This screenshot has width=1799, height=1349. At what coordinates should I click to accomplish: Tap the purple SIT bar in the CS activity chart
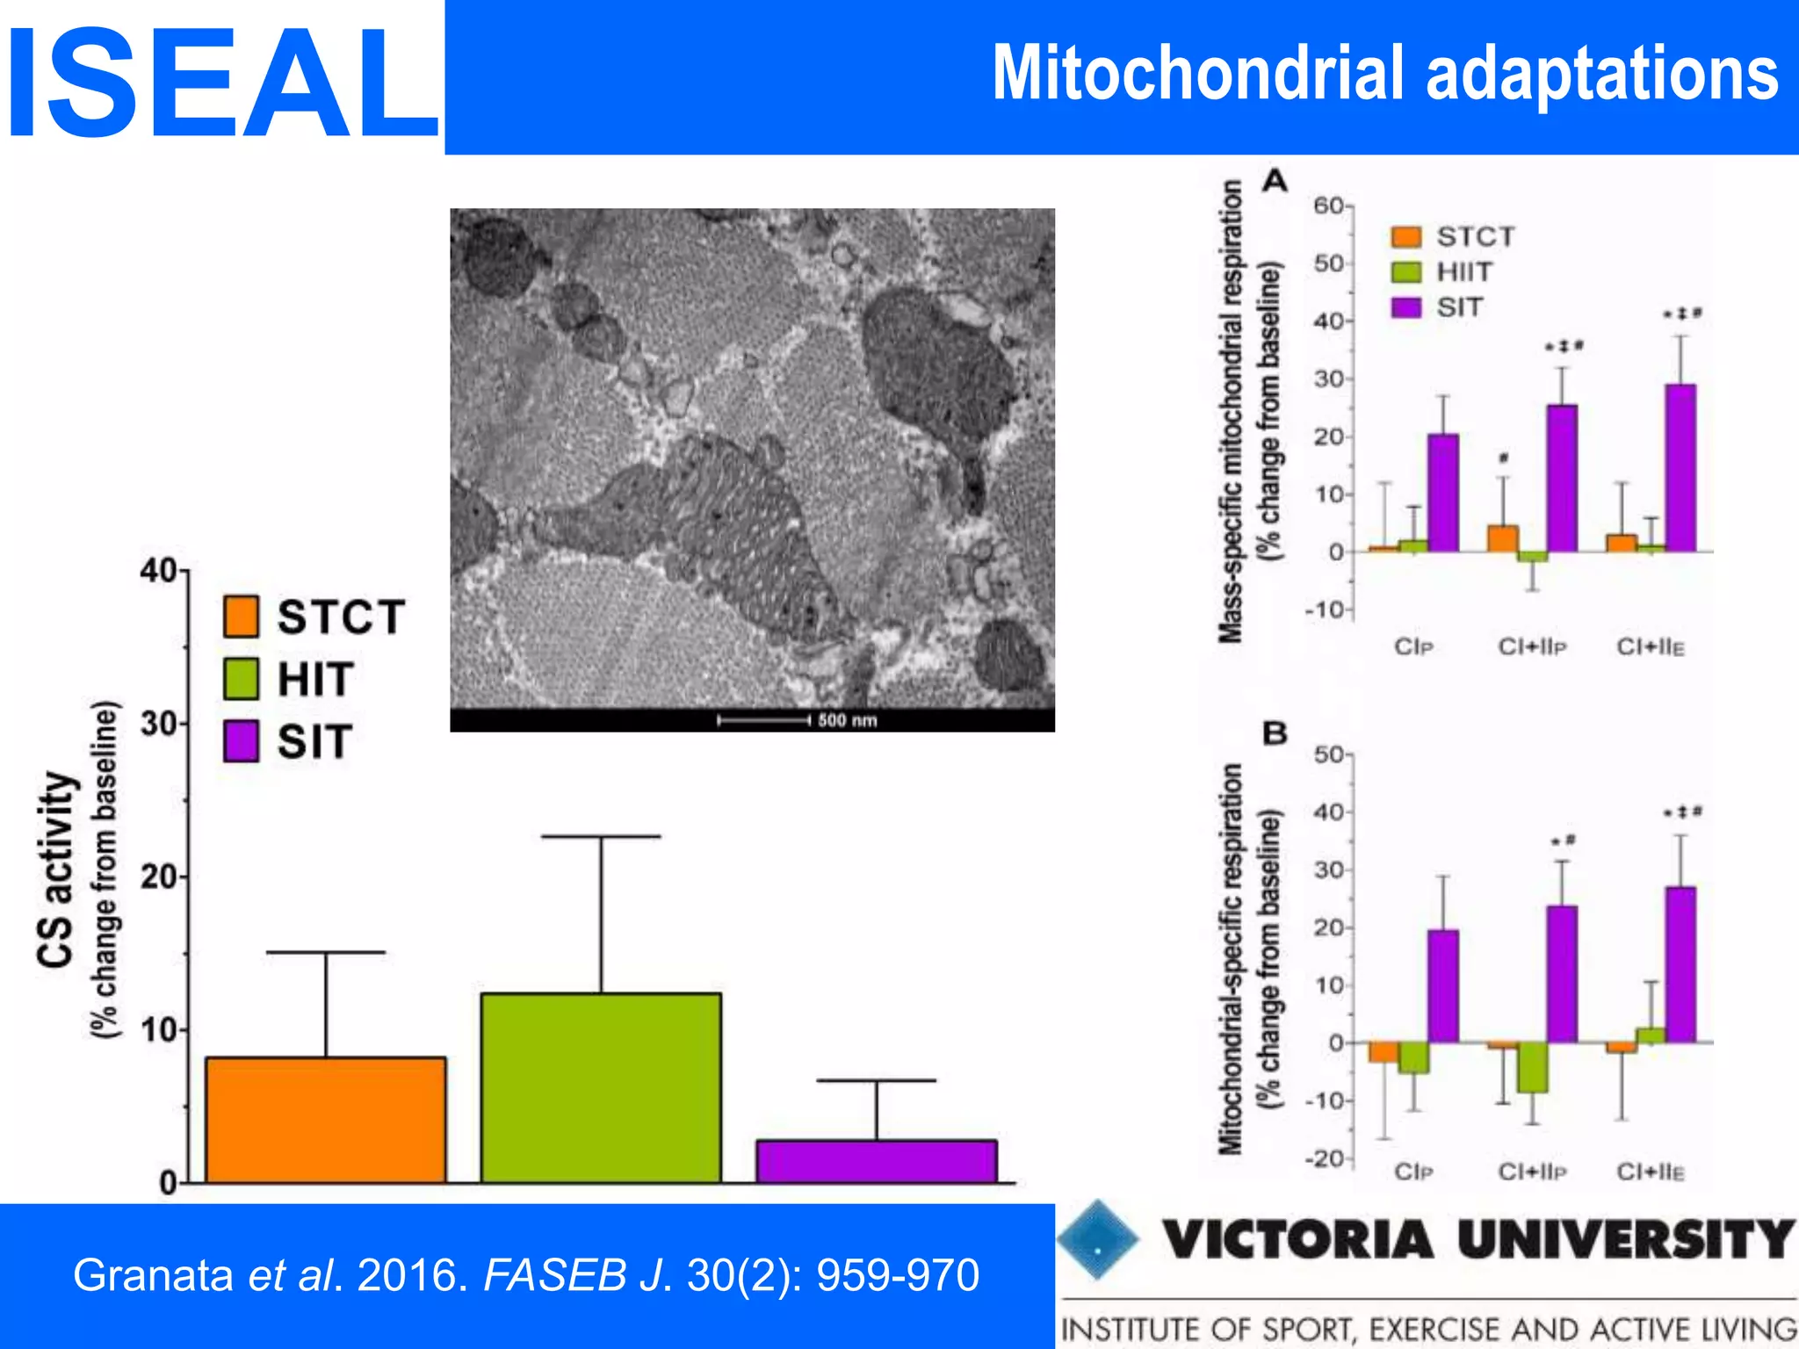(876, 1161)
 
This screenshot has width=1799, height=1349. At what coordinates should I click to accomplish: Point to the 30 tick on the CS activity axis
(161, 724)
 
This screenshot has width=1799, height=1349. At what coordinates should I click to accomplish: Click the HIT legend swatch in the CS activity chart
(241, 679)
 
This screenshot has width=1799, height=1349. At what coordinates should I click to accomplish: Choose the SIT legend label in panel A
(1459, 307)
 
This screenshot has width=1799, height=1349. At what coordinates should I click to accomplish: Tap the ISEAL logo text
(221, 83)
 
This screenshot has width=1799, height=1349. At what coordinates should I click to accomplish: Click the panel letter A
(1275, 181)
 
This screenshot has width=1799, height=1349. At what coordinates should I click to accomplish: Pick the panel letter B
(1275, 732)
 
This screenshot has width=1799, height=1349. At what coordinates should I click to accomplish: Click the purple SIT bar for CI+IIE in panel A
(1680, 467)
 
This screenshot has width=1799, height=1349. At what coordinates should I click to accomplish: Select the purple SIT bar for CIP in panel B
(1442, 985)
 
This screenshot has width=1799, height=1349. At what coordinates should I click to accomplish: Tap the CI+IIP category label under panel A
(1532, 647)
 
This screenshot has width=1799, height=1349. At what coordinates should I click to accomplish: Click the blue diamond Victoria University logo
(1097, 1239)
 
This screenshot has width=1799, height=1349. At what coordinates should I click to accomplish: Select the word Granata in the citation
(152, 1275)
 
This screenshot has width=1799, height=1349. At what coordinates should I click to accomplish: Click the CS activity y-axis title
(55, 869)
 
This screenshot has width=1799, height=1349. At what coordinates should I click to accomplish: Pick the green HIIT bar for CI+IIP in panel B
(1532, 1067)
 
